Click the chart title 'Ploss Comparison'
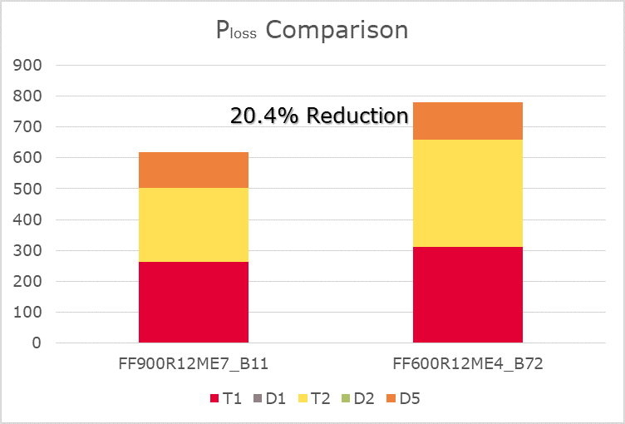(x=312, y=31)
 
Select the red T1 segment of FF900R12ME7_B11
(x=193, y=302)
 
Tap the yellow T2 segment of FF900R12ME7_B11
(x=193, y=224)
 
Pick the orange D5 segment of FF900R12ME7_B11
(x=193, y=170)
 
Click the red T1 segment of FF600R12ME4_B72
(x=467, y=294)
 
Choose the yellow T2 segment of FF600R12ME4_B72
(x=467, y=193)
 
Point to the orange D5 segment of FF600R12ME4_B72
(x=467, y=121)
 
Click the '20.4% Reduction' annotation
(x=319, y=116)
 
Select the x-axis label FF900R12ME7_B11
(x=193, y=364)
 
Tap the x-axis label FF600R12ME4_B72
(x=467, y=364)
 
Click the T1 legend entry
(x=227, y=399)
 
